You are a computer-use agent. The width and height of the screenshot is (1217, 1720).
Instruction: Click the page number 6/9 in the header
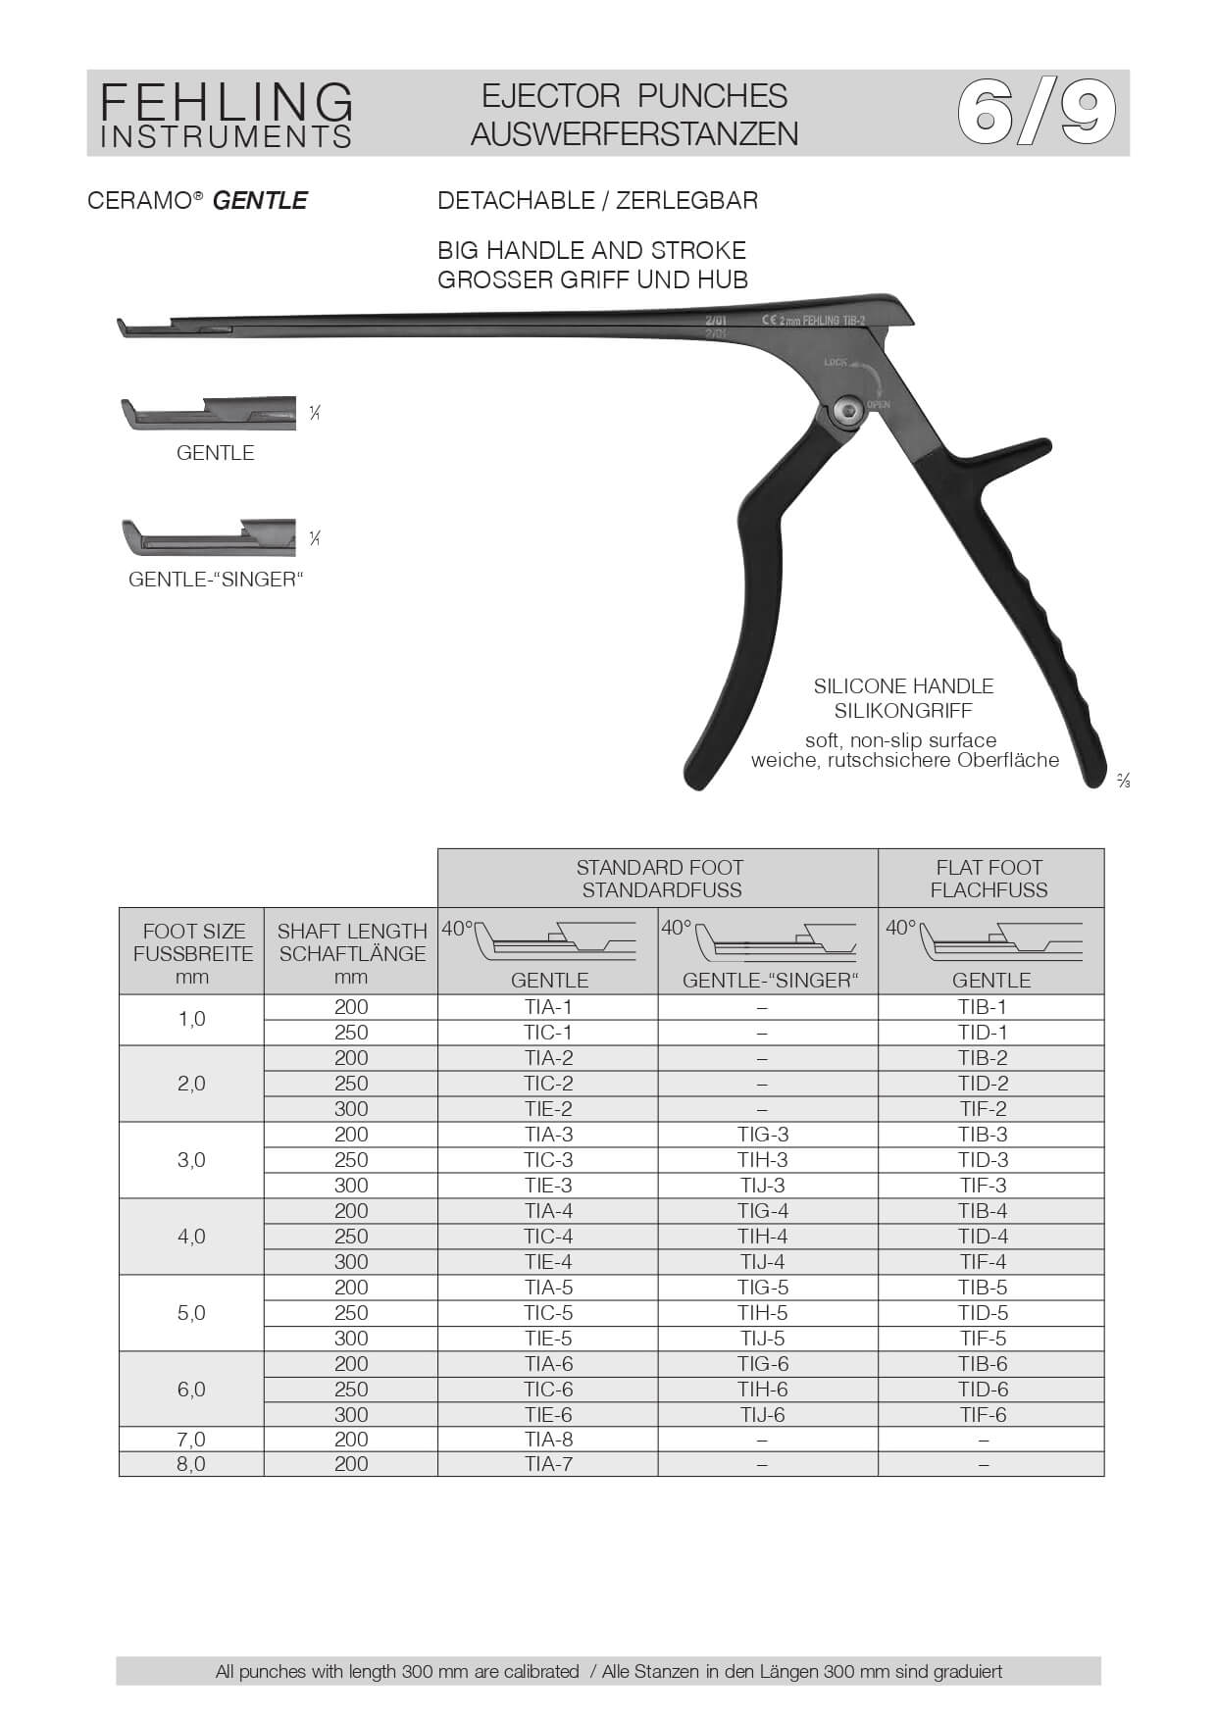[x=1036, y=113]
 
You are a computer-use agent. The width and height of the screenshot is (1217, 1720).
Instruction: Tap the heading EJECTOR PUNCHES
[x=634, y=96]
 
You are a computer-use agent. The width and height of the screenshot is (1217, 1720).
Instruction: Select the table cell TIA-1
[x=548, y=1007]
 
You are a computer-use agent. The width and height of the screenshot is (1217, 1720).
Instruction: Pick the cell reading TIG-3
[x=763, y=1135]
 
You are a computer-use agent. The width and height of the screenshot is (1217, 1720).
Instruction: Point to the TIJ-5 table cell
[x=763, y=1339]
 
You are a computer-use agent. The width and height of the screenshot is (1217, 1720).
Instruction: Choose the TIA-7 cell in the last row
[x=548, y=1464]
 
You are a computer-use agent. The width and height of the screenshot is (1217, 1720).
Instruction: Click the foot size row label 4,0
[x=191, y=1237]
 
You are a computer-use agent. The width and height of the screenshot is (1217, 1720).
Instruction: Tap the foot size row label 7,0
[x=191, y=1440]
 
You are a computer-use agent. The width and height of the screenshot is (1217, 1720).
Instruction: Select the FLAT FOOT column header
[x=989, y=878]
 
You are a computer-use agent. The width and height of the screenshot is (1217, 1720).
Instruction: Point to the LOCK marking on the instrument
[x=836, y=362]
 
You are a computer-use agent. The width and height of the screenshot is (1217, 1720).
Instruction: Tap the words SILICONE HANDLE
[x=903, y=686]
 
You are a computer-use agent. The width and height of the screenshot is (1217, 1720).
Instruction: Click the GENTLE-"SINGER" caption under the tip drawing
[x=216, y=580]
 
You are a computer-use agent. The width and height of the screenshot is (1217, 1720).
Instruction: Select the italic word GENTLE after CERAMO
[x=260, y=201]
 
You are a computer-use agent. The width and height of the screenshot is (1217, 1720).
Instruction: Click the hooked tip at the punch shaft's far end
[x=123, y=328]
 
